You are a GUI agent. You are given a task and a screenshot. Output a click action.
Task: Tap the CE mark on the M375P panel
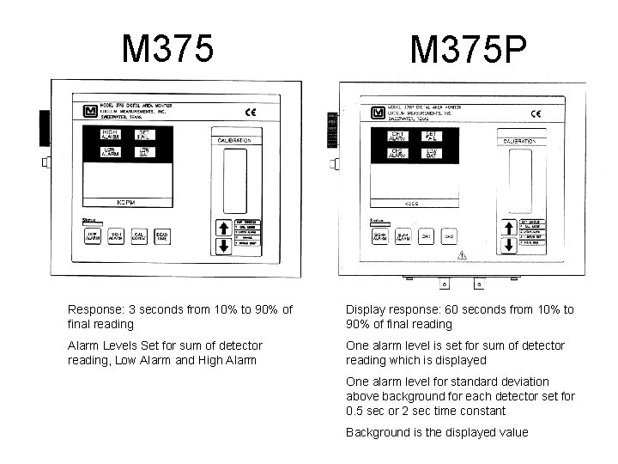point(536,113)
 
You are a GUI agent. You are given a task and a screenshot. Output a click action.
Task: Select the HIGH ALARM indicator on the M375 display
point(110,135)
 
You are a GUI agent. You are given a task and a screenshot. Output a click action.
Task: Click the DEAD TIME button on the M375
point(162,237)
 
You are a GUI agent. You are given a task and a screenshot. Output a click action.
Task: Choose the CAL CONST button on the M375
point(138,237)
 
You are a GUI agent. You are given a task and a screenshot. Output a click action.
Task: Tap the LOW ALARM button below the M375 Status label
point(91,237)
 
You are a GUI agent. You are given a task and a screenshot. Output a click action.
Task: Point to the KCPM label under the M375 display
point(126,203)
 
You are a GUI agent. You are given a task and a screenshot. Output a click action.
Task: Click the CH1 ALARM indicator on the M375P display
point(398,137)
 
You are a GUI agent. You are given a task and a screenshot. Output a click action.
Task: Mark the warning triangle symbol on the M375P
point(463,255)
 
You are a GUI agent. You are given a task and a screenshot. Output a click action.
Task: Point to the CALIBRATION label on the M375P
point(525,139)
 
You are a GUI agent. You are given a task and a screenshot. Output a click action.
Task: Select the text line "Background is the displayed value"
point(437,432)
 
